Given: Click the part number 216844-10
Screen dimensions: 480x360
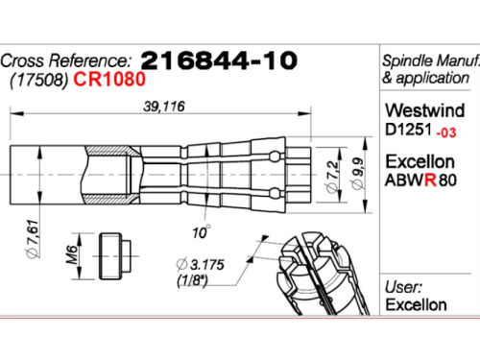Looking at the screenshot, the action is (219, 60).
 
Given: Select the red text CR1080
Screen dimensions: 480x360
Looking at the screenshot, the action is (109, 79).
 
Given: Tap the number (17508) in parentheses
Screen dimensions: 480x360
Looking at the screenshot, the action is (38, 81).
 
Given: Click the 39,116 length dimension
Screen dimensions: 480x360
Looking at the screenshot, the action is (164, 107).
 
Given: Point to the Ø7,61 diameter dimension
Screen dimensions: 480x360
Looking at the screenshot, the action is (33, 239).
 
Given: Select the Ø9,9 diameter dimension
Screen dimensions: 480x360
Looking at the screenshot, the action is (357, 173).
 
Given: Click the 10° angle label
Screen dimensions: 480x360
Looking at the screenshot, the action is (202, 232).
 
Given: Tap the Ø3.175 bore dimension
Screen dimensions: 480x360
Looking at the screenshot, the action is (201, 265).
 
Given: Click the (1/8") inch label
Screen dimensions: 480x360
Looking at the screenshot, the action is (193, 280).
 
